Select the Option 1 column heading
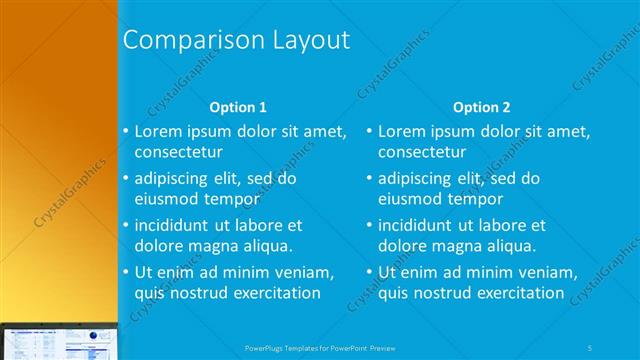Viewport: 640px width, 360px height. [238, 107]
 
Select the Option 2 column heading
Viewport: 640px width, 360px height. [481, 107]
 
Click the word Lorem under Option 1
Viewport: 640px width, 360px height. [157, 131]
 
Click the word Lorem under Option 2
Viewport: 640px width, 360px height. [401, 131]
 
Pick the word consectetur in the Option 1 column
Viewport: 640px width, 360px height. [178, 152]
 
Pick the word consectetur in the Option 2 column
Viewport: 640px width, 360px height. [422, 152]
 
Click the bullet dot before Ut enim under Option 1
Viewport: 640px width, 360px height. [125, 272]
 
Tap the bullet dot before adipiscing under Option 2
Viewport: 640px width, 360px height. [369, 179]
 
